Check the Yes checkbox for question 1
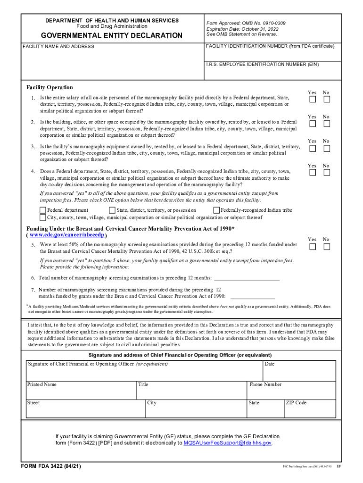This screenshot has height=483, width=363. click(x=312, y=100)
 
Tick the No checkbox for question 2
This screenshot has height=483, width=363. click(x=327, y=124)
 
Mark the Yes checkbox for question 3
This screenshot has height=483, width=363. click(x=312, y=148)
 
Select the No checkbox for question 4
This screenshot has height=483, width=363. click(x=327, y=173)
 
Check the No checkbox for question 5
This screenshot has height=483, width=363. click(x=327, y=247)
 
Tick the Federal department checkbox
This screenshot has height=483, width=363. click(x=43, y=210)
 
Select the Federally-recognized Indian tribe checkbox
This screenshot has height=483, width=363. click(x=217, y=210)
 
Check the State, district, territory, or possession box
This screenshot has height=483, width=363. click(x=112, y=210)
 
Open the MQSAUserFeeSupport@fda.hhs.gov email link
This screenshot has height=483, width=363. click(x=227, y=443)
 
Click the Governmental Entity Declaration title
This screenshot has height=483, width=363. click(x=111, y=36)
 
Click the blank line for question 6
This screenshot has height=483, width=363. click(x=247, y=278)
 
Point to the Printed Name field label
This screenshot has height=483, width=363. click(x=42, y=384)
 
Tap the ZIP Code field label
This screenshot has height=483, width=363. click(x=296, y=403)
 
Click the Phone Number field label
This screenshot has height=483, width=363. click(x=265, y=384)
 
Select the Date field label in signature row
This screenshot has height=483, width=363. click(x=270, y=364)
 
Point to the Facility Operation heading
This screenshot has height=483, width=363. click(x=49, y=87)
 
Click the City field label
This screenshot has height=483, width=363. click(x=152, y=403)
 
